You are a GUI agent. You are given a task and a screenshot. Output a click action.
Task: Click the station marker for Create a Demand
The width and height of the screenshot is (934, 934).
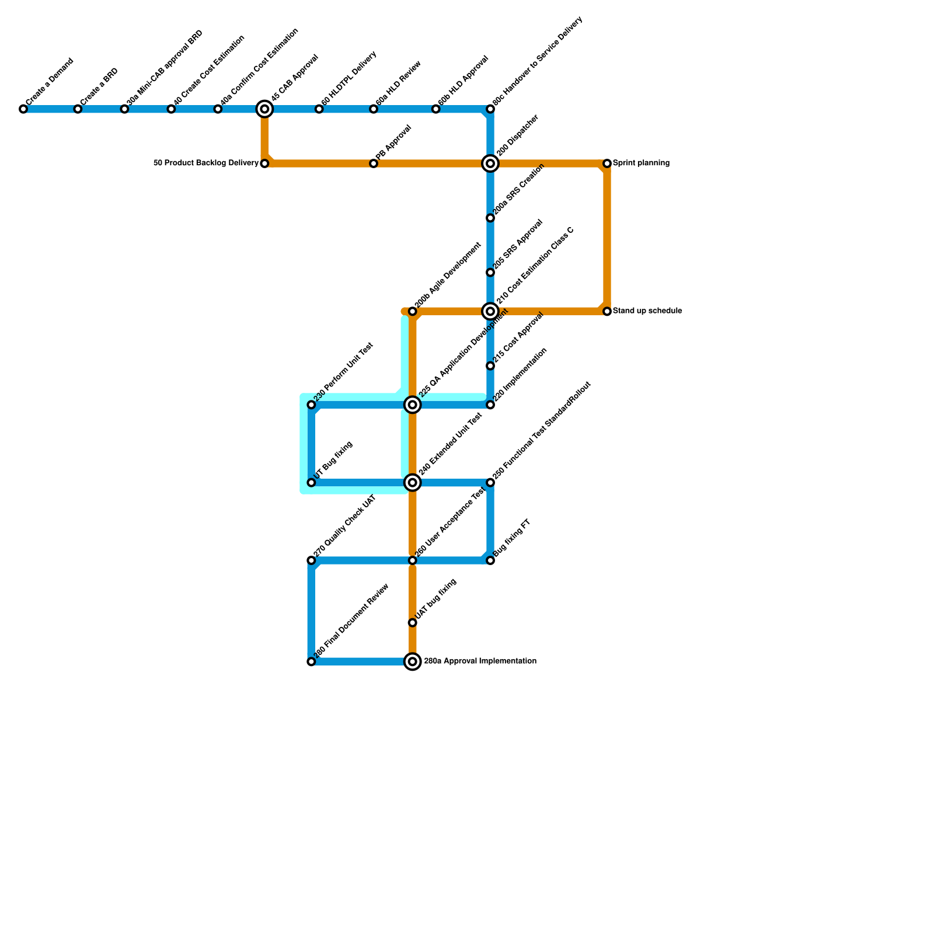point(23,109)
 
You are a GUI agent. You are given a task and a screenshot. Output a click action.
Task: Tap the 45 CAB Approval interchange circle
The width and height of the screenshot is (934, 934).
point(264,109)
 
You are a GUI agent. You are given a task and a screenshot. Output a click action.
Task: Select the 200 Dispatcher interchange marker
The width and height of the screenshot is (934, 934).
point(490,163)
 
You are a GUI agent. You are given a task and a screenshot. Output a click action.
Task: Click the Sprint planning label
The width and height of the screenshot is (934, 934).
point(641,163)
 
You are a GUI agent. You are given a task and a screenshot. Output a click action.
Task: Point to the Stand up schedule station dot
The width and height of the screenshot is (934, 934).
point(607,312)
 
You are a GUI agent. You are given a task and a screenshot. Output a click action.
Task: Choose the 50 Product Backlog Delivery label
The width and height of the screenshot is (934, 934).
point(206,163)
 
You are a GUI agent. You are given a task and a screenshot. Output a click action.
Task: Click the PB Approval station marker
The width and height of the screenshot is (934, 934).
point(374,163)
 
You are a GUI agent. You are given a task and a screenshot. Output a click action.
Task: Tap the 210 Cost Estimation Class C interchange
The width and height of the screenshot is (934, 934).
point(490,312)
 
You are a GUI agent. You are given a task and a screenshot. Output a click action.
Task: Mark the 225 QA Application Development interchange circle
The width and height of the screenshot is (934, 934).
point(413,405)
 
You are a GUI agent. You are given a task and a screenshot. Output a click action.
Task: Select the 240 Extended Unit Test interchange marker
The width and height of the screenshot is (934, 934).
point(413,483)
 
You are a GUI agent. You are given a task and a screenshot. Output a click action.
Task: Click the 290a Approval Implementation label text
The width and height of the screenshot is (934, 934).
point(480,661)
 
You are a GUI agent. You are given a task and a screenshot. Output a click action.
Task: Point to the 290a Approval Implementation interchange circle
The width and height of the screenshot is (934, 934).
point(413,661)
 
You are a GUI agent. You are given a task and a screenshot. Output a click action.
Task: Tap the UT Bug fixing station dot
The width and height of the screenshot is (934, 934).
point(311,483)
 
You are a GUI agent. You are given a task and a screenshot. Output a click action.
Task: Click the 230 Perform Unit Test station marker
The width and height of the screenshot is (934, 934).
point(311,405)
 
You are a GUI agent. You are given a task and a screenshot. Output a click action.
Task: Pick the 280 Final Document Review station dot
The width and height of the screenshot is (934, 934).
point(311,661)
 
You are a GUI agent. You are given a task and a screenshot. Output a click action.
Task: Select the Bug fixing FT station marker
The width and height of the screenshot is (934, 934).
point(490,560)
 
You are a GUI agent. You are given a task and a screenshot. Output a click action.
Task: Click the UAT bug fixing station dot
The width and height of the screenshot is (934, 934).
point(413,623)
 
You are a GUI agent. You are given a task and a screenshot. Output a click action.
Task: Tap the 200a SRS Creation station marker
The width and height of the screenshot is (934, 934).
point(490,218)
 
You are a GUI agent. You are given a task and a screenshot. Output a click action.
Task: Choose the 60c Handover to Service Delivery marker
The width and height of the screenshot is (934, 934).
point(490,109)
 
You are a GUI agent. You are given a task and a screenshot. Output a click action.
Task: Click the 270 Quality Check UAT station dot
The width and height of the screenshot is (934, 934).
point(311,560)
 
